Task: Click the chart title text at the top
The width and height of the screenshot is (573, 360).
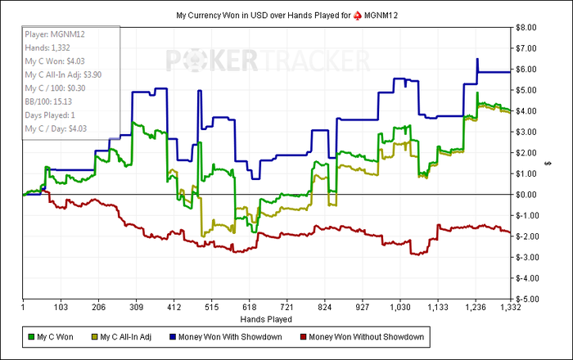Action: coord(286,16)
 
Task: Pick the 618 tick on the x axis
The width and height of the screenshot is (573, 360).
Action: coord(249,307)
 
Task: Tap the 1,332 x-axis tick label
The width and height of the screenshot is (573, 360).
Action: coord(511,307)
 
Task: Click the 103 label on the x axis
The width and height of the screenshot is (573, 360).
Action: coord(61,307)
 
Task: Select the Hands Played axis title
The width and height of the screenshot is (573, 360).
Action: coord(267,317)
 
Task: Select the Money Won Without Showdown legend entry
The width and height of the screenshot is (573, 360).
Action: coord(372,335)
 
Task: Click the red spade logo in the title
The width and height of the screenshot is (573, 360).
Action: coord(358,16)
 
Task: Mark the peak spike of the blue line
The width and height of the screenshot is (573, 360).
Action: coord(477,60)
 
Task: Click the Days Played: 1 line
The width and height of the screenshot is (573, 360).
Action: coord(52,115)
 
